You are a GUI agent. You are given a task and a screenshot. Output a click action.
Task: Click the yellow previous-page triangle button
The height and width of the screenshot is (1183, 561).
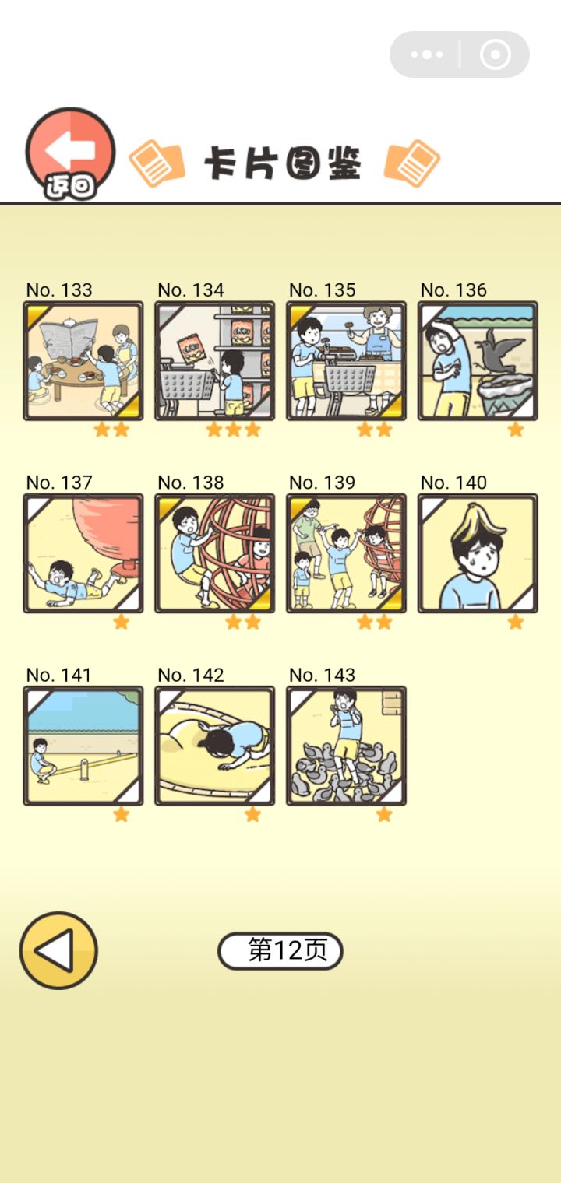click(58, 950)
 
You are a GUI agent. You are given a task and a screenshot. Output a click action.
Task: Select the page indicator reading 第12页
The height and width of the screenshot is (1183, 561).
click(280, 950)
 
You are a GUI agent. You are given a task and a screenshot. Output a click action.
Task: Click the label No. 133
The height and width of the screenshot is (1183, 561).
click(59, 290)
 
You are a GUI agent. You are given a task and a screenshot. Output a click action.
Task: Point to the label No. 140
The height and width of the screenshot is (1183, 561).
click(453, 483)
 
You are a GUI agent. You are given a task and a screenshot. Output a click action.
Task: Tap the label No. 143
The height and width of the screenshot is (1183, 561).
click(322, 675)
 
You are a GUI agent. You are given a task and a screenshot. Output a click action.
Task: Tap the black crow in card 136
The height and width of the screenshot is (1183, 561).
click(499, 353)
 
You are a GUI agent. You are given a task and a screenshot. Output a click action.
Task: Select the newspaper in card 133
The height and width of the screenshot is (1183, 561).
click(69, 337)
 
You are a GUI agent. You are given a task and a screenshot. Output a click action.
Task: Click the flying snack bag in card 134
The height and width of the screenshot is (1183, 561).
click(192, 349)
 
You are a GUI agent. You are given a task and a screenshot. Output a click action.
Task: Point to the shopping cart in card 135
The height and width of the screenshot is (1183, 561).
click(350, 383)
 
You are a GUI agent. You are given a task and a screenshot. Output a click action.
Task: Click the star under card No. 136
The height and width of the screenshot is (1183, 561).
click(516, 430)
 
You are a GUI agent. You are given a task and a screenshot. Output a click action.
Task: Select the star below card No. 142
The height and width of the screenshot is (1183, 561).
click(252, 814)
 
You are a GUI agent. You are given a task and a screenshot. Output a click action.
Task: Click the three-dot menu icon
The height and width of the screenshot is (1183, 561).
click(427, 54)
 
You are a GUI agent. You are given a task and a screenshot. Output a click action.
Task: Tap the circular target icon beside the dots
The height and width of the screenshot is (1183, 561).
click(496, 54)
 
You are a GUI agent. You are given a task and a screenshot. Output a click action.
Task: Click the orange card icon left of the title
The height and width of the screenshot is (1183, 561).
click(157, 163)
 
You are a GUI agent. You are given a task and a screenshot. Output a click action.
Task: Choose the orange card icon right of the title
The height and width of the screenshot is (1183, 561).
click(412, 163)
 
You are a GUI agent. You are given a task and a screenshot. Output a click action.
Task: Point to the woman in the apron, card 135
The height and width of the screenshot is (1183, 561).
click(378, 354)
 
